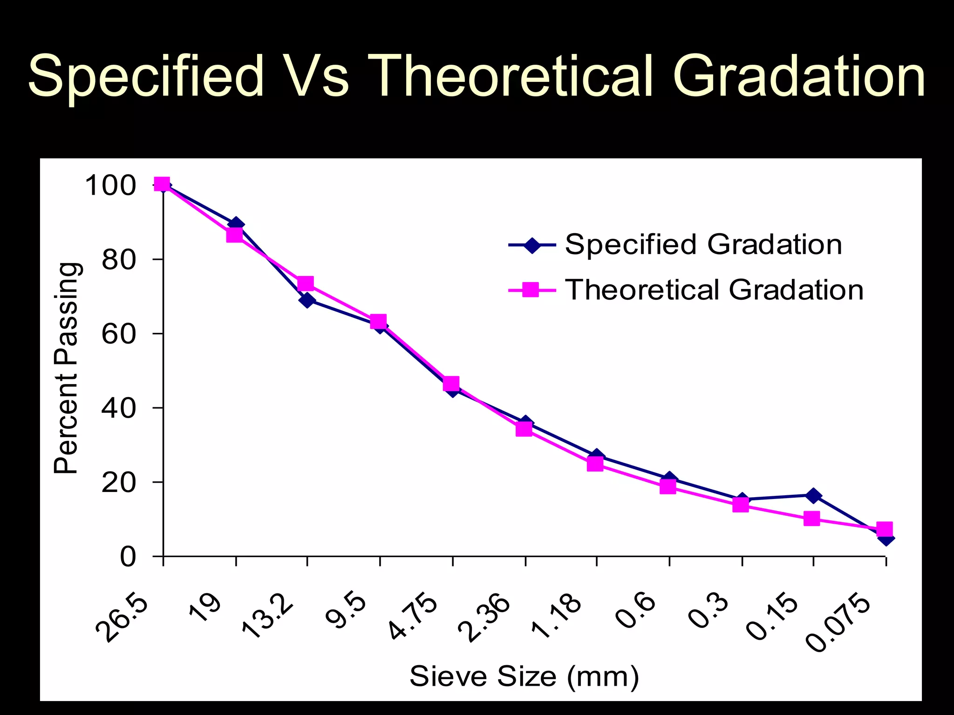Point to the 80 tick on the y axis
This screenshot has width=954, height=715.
[118, 260]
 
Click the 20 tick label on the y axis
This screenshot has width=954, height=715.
[118, 483]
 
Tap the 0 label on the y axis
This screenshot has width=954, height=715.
[128, 557]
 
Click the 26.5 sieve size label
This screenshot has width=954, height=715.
[122, 619]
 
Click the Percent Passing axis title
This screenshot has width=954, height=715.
[66, 368]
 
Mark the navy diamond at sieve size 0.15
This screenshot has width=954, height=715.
[813, 496]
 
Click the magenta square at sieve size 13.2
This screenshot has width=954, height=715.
[306, 283]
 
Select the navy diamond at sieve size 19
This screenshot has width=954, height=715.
[236, 224]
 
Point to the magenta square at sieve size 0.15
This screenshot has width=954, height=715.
[811, 519]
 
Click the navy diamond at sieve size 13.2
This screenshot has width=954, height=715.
[307, 301]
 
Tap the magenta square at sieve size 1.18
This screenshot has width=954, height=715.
[595, 464]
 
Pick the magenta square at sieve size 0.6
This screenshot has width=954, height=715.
[668, 487]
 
